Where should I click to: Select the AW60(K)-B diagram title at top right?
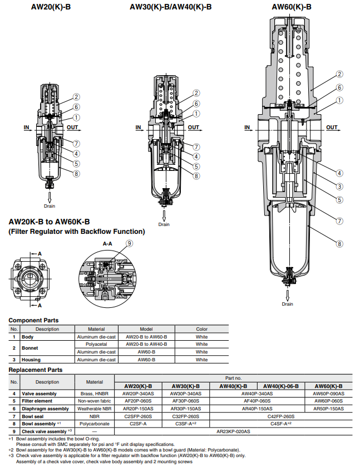(291, 7)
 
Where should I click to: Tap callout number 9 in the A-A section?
(130, 243)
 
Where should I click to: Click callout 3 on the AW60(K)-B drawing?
(339, 186)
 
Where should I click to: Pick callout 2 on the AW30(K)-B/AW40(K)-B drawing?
(196, 93)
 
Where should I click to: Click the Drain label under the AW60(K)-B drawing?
(287, 304)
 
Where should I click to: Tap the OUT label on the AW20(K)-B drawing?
(73, 127)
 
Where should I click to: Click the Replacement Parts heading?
(36, 370)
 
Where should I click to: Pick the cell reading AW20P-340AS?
(138, 393)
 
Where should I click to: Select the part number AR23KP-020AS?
(234, 431)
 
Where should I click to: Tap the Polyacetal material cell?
(96, 344)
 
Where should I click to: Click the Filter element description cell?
(40, 401)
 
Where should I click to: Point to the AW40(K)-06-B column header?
(280, 386)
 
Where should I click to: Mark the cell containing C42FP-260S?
(280, 416)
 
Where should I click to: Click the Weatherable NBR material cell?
(96, 408)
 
